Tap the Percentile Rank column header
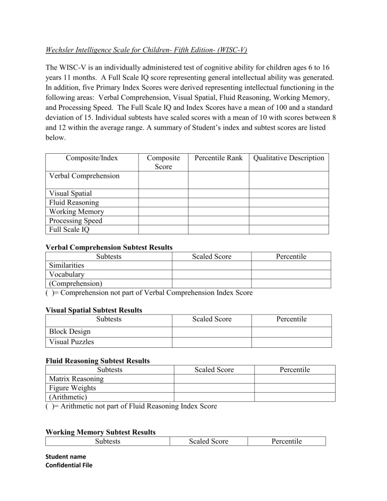(x=218, y=158)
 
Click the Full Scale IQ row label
(x=68, y=230)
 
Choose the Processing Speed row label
(x=76, y=221)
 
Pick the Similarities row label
(x=67, y=265)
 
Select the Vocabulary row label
(x=67, y=274)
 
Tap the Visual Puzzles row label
(x=72, y=342)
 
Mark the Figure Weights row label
(x=72, y=388)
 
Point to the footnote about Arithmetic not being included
(x=131, y=406)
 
